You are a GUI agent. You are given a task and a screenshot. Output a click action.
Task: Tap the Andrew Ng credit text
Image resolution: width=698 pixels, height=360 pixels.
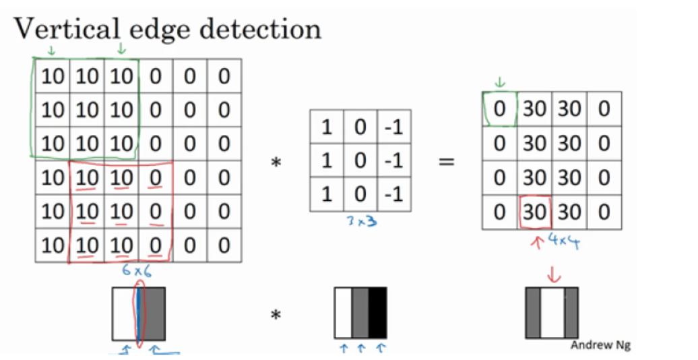click(x=600, y=345)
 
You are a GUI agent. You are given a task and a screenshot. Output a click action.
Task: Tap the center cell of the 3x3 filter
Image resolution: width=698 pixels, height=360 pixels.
click(x=360, y=160)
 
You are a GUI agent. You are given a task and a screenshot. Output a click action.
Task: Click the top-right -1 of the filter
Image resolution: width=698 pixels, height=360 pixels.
click(x=393, y=127)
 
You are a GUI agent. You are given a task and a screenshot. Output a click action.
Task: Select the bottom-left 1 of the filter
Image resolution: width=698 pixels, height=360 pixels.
click(x=326, y=195)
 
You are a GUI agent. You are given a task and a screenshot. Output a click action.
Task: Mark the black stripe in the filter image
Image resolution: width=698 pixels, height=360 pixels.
click(x=378, y=313)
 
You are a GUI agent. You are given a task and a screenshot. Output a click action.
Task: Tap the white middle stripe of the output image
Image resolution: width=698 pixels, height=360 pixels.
click(x=552, y=313)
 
